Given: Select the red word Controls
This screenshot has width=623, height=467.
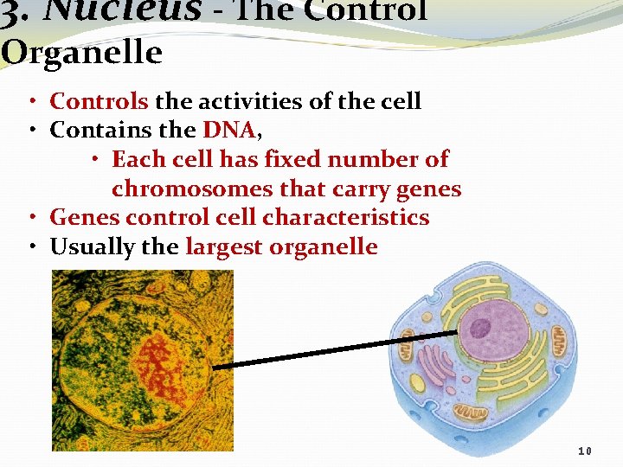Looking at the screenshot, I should coord(100,101).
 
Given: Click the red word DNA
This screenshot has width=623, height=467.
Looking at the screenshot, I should coord(228,131).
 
